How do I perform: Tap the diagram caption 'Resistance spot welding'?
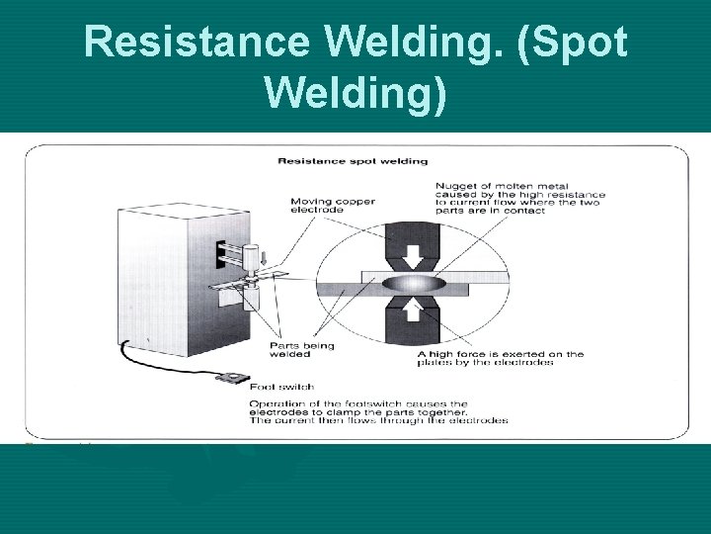click(x=353, y=160)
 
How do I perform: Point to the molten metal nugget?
click(x=415, y=284)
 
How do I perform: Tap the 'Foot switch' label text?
click(x=282, y=387)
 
